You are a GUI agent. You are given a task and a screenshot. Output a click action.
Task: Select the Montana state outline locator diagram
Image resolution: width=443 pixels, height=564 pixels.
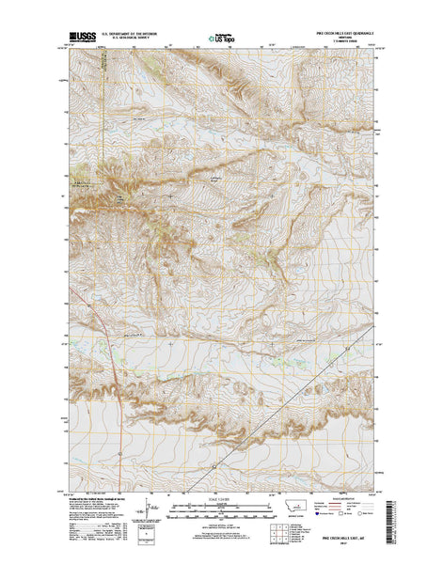[x=300, y=508]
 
